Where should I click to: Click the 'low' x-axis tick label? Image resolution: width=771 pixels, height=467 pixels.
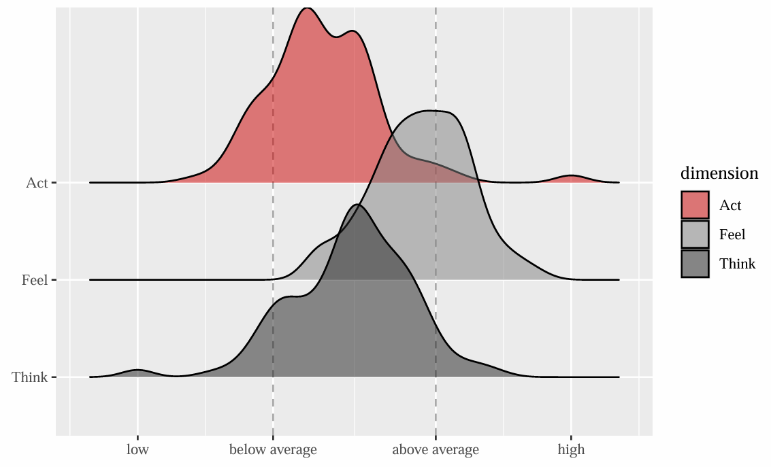[x=137, y=449]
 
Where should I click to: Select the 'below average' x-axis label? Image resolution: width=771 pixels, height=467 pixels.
[x=273, y=449]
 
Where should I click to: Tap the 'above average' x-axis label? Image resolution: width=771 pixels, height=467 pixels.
[x=436, y=449]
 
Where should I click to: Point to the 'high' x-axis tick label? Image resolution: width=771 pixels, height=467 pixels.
[x=571, y=449]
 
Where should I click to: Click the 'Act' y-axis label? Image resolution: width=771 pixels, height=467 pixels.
[x=36, y=183]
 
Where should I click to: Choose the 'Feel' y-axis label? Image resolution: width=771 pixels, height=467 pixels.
[x=34, y=280]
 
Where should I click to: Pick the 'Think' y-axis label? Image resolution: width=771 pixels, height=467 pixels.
[x=30, y=377]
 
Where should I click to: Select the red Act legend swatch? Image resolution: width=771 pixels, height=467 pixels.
[x=695, y=205]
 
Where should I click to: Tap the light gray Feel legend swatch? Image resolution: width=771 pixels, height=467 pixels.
[x=695, y=235]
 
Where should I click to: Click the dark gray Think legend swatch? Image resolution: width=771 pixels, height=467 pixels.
[x=695, y=264]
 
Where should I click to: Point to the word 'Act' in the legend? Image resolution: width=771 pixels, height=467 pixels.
[x=730, y=205]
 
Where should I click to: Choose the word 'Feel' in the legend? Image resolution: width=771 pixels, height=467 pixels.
[x=732, y=235]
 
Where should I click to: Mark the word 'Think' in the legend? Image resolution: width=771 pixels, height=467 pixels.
[x=737, y=264]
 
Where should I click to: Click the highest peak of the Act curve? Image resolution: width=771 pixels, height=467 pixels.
[x=308, y=8]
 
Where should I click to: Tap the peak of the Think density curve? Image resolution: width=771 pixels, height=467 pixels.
[x=358, y=205]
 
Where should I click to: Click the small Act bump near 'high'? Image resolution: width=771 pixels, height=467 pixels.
[x=571, y=176]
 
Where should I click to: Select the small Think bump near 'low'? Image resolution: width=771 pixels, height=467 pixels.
[x=137, y=370]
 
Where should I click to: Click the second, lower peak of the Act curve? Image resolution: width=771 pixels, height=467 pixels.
[x=352, y=31]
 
